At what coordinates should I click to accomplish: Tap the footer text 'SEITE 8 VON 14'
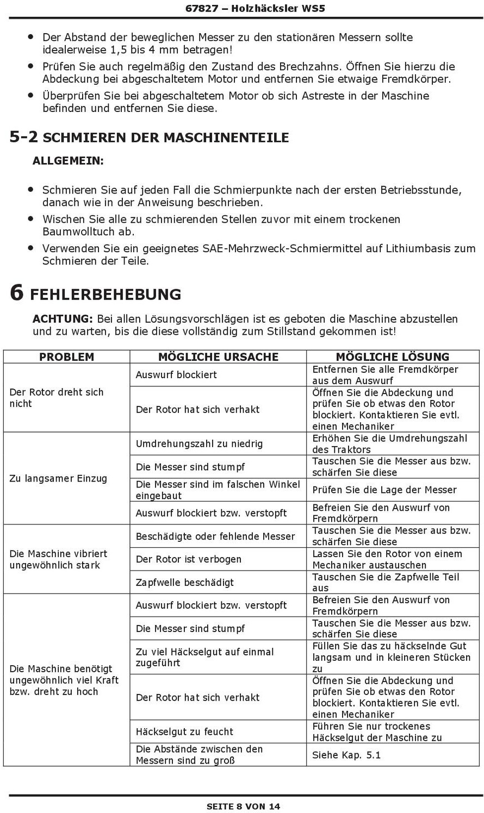pos(243,806)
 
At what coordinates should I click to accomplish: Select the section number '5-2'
pos(24,137)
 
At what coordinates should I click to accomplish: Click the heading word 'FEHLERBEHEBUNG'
pos(106,295)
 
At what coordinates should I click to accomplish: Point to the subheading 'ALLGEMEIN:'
pos(68,161)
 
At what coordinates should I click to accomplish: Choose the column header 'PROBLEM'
pos(66,357)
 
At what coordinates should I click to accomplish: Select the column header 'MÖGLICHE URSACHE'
pos(218,357)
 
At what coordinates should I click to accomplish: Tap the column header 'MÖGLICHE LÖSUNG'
pos(392,357)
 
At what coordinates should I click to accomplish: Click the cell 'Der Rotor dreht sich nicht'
pos(57,398)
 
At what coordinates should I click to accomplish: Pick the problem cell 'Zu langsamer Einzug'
pos(58,478)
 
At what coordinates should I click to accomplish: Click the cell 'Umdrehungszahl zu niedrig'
pos(199,443)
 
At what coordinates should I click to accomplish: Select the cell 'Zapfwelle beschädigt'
pos(185,582)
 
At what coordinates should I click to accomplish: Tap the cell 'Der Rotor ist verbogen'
pos(189,559)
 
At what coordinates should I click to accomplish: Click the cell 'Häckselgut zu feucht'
pos(184,731)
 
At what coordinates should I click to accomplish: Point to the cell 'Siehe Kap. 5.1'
pos(346,755)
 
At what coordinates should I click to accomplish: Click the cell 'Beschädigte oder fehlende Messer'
pos(215,536)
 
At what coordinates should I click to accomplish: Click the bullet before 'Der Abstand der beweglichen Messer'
pos(30,37)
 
